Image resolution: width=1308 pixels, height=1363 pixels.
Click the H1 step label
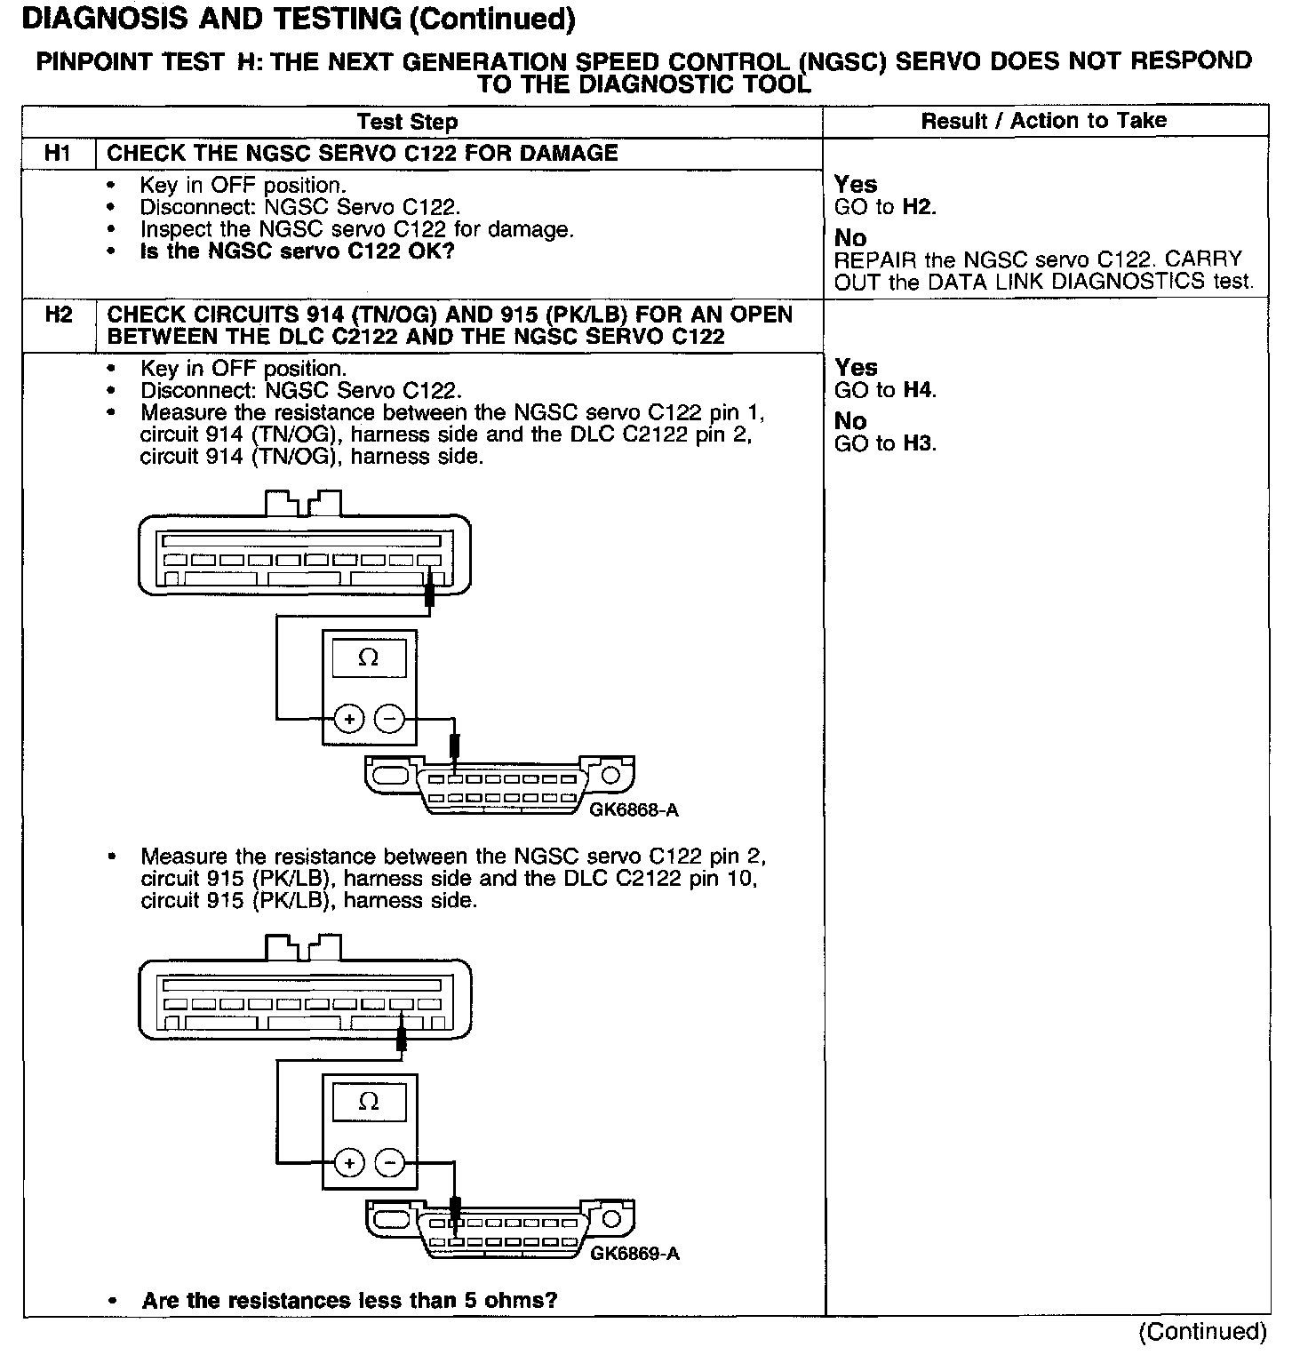coord(58,154)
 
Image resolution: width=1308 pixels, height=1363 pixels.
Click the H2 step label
coord(58,315)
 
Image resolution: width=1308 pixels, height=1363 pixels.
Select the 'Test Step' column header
coord(407,122)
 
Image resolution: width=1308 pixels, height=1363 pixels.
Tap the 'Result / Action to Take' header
coord(1043,121)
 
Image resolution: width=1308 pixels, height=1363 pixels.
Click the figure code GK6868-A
coord(634,809)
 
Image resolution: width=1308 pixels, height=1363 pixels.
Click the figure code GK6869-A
coord(634,1254)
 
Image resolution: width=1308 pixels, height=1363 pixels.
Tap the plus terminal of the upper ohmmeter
coord(349,718)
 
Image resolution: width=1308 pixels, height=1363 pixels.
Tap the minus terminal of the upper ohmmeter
coord(388,718)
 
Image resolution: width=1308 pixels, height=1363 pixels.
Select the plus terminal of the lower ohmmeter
coord(349,1163)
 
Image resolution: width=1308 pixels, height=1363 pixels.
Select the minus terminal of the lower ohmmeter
coord(388,1163)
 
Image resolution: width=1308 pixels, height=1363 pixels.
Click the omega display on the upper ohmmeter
coord(368,658)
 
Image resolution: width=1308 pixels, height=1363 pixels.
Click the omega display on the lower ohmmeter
coord(368,1103)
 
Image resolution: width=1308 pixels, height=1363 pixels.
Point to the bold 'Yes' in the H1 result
coord(856,185)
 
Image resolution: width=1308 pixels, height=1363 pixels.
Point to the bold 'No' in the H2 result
coord(850,421)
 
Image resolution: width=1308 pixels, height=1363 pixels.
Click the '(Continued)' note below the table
coord(1202,1331)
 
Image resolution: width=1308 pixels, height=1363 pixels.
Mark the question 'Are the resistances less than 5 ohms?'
coord(349,1301)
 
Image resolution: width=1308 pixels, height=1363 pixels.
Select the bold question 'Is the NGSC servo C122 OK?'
coord(297,251)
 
